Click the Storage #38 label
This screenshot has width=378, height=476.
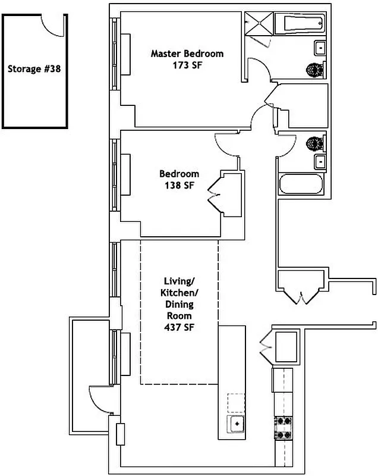tap(34, 68)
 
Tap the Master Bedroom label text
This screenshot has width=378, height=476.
tap(187, 54)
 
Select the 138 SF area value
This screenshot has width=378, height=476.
tap(179, 185)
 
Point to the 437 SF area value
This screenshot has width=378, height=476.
tap(179, 327)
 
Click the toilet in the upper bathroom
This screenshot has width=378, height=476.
tap(313, 70)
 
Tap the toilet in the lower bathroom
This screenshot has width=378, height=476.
tap(313, 143)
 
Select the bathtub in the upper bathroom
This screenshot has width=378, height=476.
tap(304, 24)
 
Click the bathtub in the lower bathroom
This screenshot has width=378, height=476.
tap(302, 183)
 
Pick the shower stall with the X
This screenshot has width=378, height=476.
tap(259, 25)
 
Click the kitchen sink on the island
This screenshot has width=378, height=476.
tap(237, 424)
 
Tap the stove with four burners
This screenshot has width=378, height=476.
tap(283, 427)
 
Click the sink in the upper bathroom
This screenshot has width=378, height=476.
tap(320, 47)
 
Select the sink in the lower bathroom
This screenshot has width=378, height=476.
tap(320, 161)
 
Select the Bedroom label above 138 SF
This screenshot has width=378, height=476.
tap(179, 174)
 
